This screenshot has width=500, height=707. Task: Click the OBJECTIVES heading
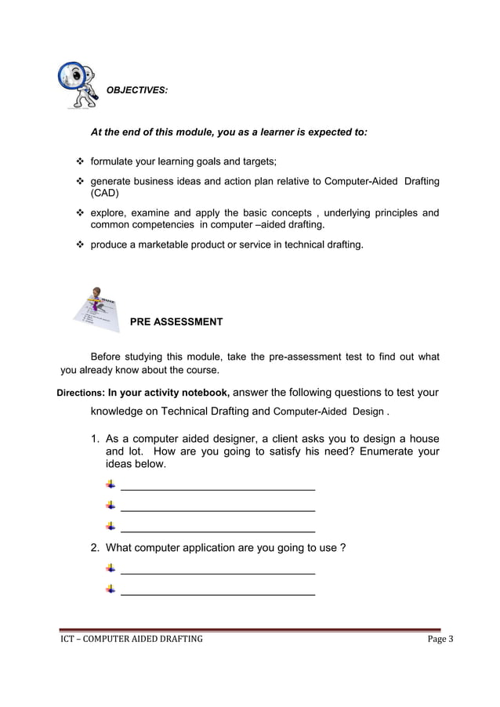(x=136, y=91)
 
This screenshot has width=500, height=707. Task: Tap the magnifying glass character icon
(x=78, y=84)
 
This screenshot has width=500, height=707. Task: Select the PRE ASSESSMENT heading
(x=176, y=322)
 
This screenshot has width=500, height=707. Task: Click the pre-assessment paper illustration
(x=96, y=314)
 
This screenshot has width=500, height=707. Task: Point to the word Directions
(x=82, y=393)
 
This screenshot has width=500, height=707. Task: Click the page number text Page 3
(x=440, y=639)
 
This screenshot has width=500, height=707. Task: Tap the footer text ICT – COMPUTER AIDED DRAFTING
(x=132, y=639)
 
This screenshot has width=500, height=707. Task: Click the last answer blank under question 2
(x=218, y=594)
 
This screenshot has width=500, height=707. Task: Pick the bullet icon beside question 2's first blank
(x=111, y=567)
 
